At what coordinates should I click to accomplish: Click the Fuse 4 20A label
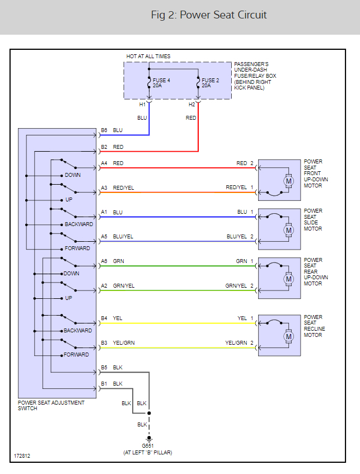click(x=161, y=83)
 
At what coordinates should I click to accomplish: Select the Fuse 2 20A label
click(x=211, y=83)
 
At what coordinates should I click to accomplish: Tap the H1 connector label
click(x=142, y=105)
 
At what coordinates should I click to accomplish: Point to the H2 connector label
click(x=192, y=105)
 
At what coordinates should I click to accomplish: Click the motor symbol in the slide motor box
click(x=288, y=231)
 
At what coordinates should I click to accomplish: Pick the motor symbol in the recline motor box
click(x=288, y=336)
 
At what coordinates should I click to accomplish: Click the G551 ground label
click(x=148, y=446)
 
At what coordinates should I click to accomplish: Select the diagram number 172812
click(x=22, y=456)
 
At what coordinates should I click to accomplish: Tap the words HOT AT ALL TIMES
click(x=148, y=56)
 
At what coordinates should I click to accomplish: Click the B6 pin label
click(x=104, y=130)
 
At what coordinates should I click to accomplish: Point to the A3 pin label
click(x=104, y=187)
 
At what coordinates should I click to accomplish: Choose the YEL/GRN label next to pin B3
click(x=124, y=343)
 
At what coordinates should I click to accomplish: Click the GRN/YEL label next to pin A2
click(x=124, y=285)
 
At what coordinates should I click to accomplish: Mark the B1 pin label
click(x=104, y=383)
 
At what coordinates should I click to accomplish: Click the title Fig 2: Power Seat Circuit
click(x=209, y=15)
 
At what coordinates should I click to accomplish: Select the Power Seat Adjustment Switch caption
click(x=51, y=405)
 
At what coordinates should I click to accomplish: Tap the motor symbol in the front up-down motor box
click(x=288, y=181)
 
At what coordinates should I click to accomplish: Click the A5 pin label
click(x=104, y=236)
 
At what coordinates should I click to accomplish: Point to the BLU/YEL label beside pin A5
click(x=123, y=236)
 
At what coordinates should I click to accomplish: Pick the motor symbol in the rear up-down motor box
click(x=288, y=279)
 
